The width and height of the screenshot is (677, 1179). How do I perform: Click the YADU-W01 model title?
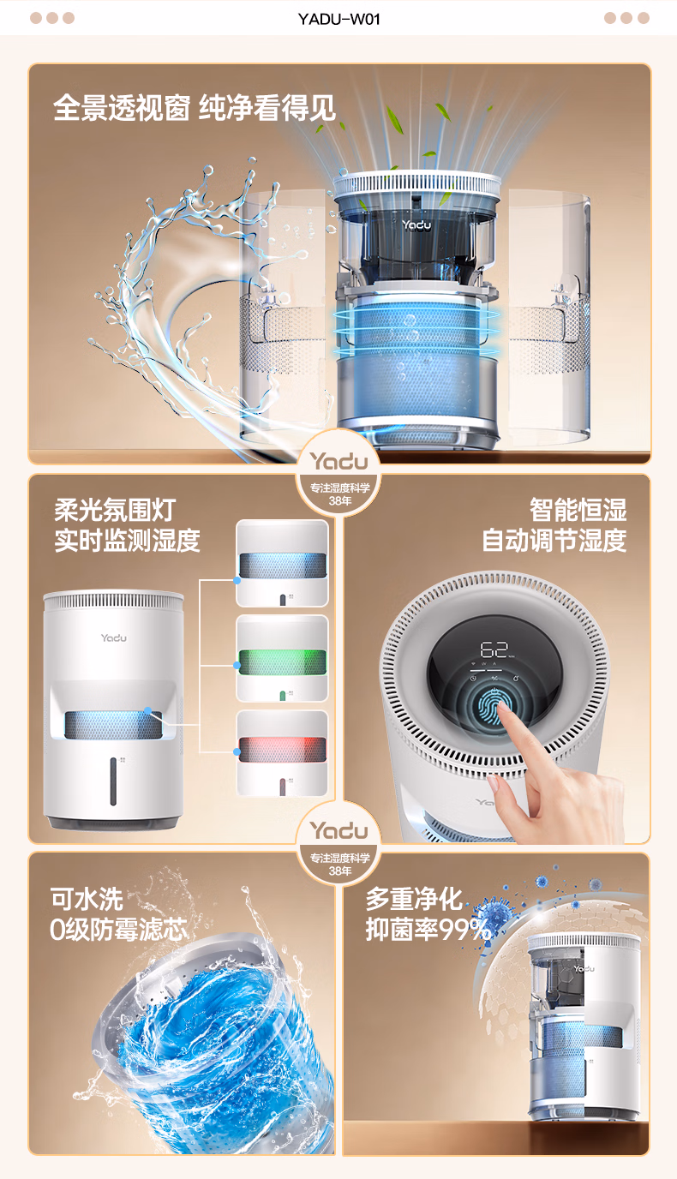click(339, 19)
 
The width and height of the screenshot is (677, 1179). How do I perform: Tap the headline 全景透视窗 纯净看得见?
click(195, 108)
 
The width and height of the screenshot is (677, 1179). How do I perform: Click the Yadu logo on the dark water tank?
click(416, 224)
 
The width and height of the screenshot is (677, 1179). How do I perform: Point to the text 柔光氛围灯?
click(115, 510)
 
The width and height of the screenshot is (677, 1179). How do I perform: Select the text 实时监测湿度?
click(127, 540)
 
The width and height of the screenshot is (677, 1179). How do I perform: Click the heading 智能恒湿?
click(578, 510)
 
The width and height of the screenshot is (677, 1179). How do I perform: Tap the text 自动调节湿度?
click(554, 540)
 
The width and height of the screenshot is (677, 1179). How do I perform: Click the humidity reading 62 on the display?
click(494, 649)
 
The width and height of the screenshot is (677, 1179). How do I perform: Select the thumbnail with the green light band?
click(282, 658)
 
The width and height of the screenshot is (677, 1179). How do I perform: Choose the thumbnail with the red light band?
click(282, 753)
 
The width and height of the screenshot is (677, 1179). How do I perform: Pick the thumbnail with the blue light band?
click(282, 563)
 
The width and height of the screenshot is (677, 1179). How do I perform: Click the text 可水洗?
click(87, 899)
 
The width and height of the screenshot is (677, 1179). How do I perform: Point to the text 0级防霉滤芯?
click(118, 930)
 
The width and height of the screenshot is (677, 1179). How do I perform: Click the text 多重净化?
click(414, 899)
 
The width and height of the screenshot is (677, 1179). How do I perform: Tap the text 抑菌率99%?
click(428, 930)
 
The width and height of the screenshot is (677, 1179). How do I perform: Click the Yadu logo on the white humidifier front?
click(114, 638)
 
